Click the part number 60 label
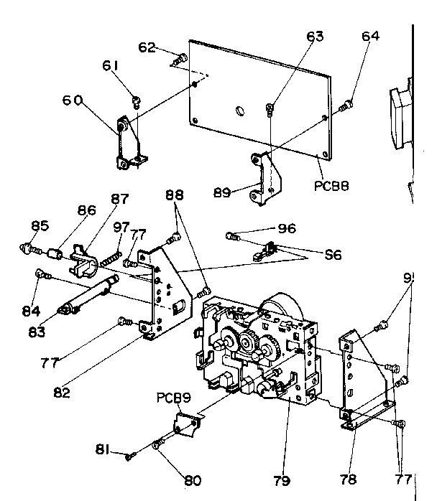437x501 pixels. (72, 101)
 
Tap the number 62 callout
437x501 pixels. (147, 47)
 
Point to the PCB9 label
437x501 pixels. (172, 396)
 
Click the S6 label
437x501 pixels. (332, 254)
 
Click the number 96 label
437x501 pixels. (286, 230)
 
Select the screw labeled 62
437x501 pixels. (180, 57)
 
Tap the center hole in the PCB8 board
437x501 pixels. (238, 111)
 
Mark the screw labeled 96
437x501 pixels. (232, 235)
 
